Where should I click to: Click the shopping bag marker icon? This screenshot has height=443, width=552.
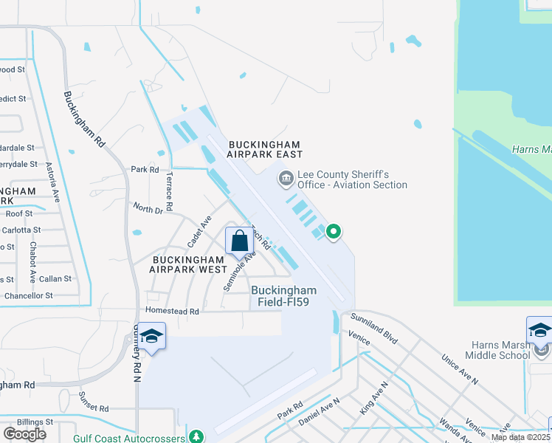click(239, 241)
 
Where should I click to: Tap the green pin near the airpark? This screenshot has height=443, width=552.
click(334, 232)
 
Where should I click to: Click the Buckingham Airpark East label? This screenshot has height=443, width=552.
click(266, 149)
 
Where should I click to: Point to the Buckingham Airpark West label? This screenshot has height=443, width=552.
click(190, 264)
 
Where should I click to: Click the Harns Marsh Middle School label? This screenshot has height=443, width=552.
click(497, 350)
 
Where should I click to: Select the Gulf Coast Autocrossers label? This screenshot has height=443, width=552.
click(130, 438)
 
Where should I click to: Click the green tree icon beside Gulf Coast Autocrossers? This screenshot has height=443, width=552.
click(196, 437)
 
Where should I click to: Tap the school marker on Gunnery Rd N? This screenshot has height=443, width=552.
click(152, 337)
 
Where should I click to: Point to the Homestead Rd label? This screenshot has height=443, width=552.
click(173, 312)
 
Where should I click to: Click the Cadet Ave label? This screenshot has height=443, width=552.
click(199, 231)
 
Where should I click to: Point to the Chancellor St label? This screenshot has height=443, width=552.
click(28, 295)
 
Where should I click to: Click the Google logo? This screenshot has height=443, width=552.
click(24, 434)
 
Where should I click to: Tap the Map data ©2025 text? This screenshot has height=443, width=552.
click(520, 437)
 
